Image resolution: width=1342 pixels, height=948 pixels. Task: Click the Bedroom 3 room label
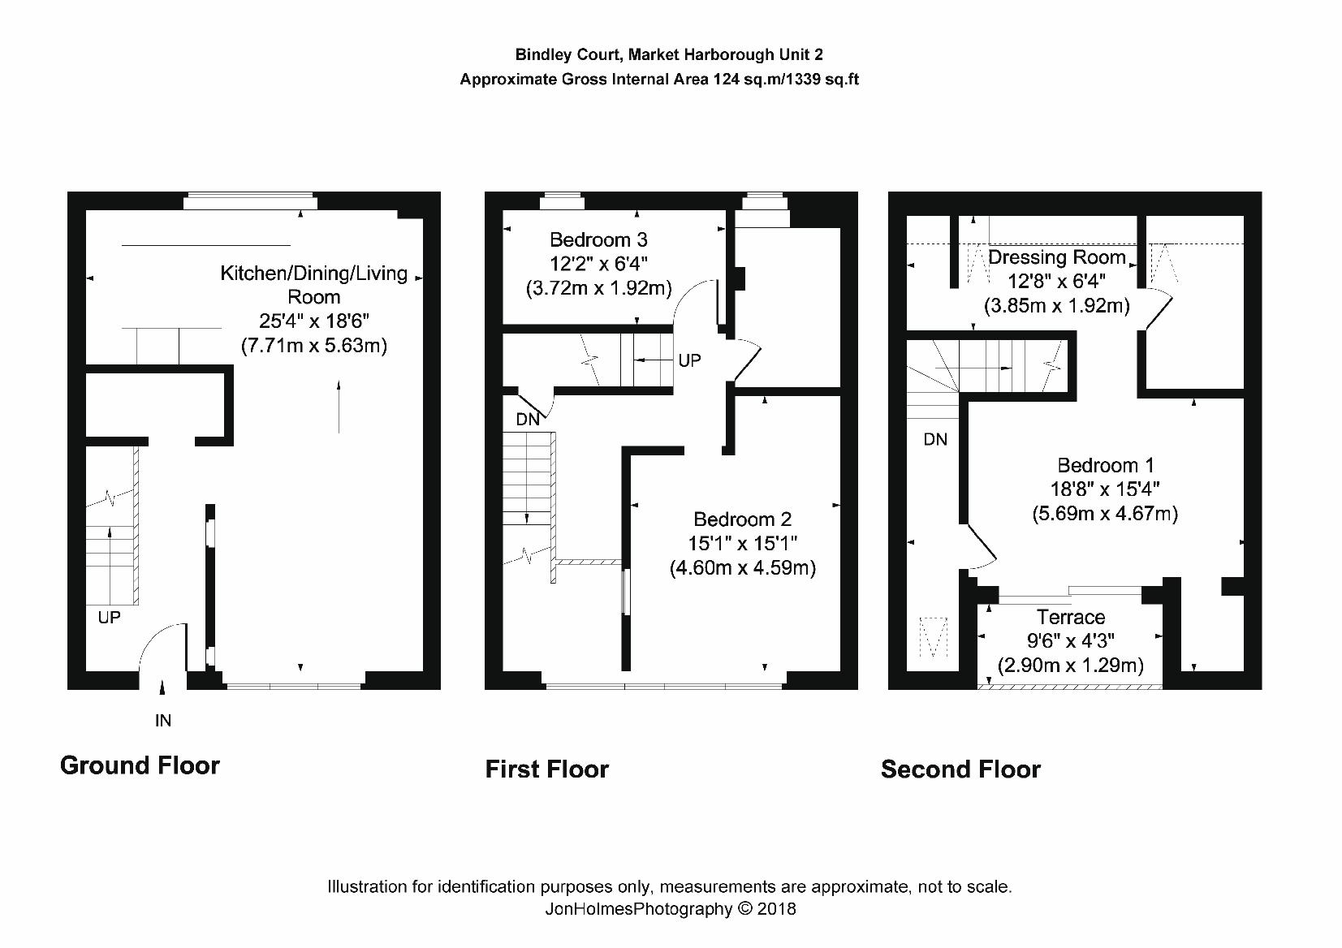click(x=598, y=240)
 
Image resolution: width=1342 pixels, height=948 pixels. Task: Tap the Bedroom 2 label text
click(x=742, y=519)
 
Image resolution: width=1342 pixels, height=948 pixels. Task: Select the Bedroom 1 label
click(x=1106, y=465)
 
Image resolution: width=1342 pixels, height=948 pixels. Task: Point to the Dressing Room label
click(x=1057, y=257)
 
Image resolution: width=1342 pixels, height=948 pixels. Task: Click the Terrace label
click(x=1071, y=617)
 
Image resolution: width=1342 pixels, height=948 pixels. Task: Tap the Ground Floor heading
click(x=140, y=766)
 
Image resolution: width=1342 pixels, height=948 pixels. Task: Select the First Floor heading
click(x=547, y=769)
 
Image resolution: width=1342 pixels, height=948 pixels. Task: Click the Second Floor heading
click(x=961, y=769)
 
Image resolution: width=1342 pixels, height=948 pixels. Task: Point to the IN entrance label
click(x=163, y=721)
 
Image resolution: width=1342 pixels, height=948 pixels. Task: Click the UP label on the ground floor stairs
click(x=109, y=618)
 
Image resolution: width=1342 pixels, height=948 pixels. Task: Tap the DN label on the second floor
click(x=935, y=440)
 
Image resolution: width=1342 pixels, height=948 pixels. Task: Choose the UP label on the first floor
click(x=689, y=360)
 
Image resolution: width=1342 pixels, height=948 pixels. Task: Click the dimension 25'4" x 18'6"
click(x=314, y=321)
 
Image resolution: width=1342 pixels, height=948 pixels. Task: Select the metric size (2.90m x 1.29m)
click(x=1071, y=666)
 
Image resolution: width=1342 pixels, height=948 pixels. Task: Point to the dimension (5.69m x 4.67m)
click(x=1106, y=514)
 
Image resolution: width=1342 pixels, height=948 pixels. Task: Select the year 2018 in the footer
click(x=776, y=909)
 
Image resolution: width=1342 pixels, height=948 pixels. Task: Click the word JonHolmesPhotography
click(x=639, y=910)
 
